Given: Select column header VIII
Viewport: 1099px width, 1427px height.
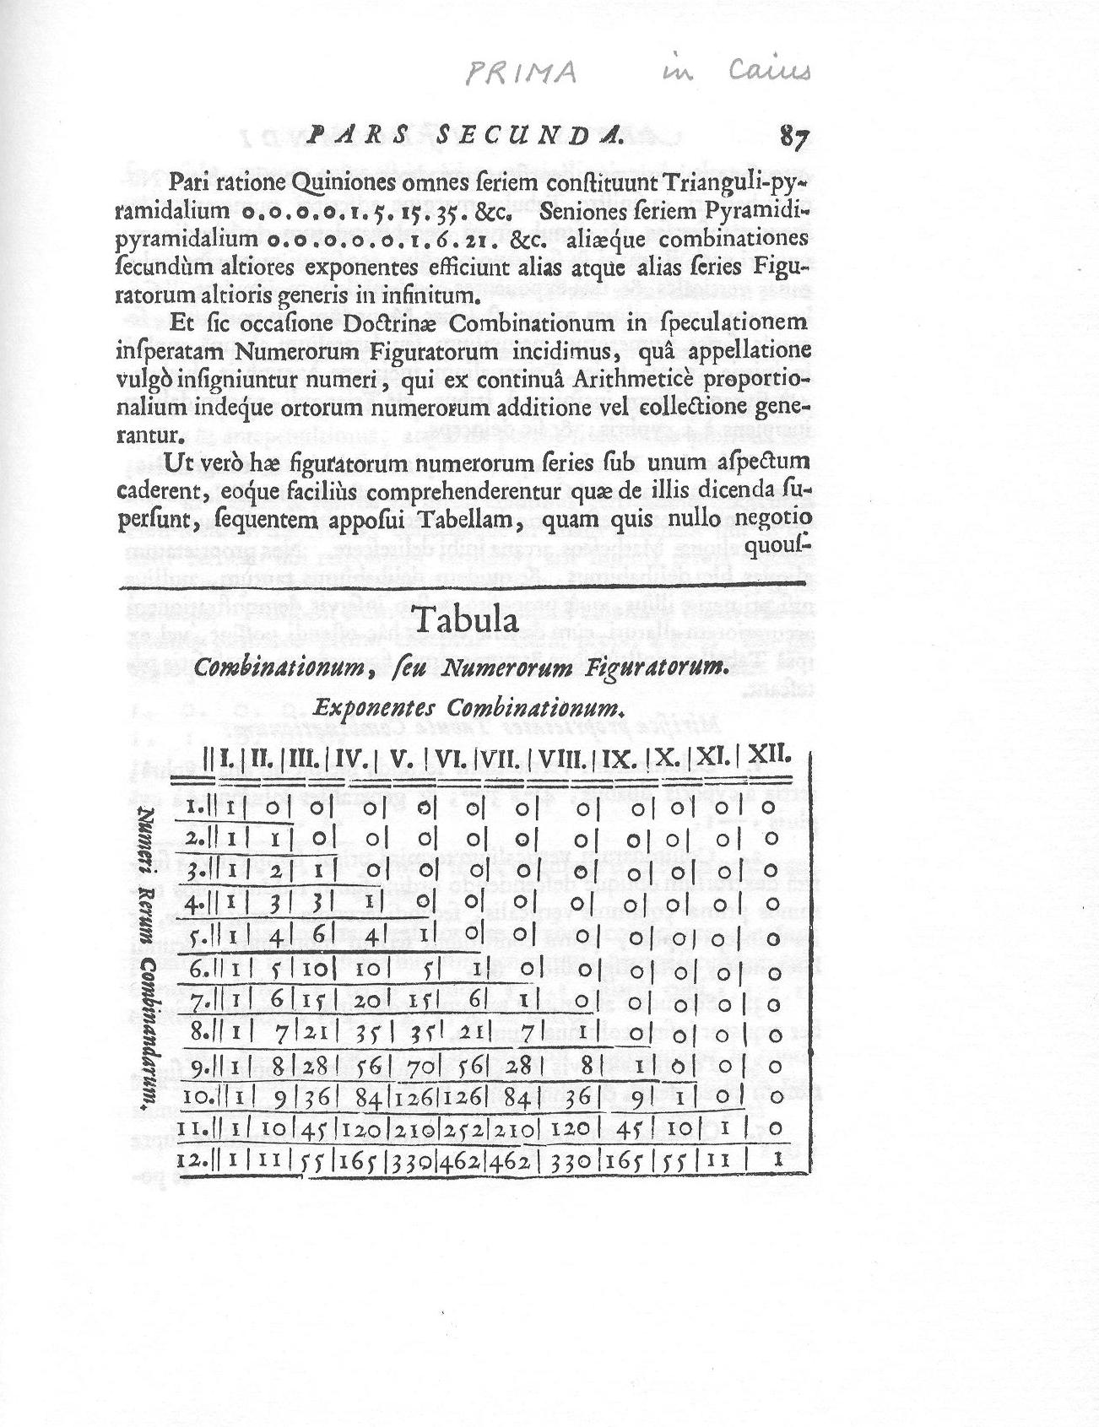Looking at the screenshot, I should coord(566,759).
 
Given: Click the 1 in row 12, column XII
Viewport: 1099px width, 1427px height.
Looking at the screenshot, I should coord(776,1160).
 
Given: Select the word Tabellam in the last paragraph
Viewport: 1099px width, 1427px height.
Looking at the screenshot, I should coord(456,521).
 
